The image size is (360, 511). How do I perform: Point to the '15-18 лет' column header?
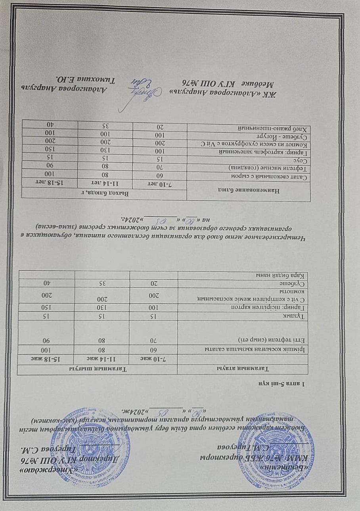[51, 182]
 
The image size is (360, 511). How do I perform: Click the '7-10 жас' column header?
[155, 358]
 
